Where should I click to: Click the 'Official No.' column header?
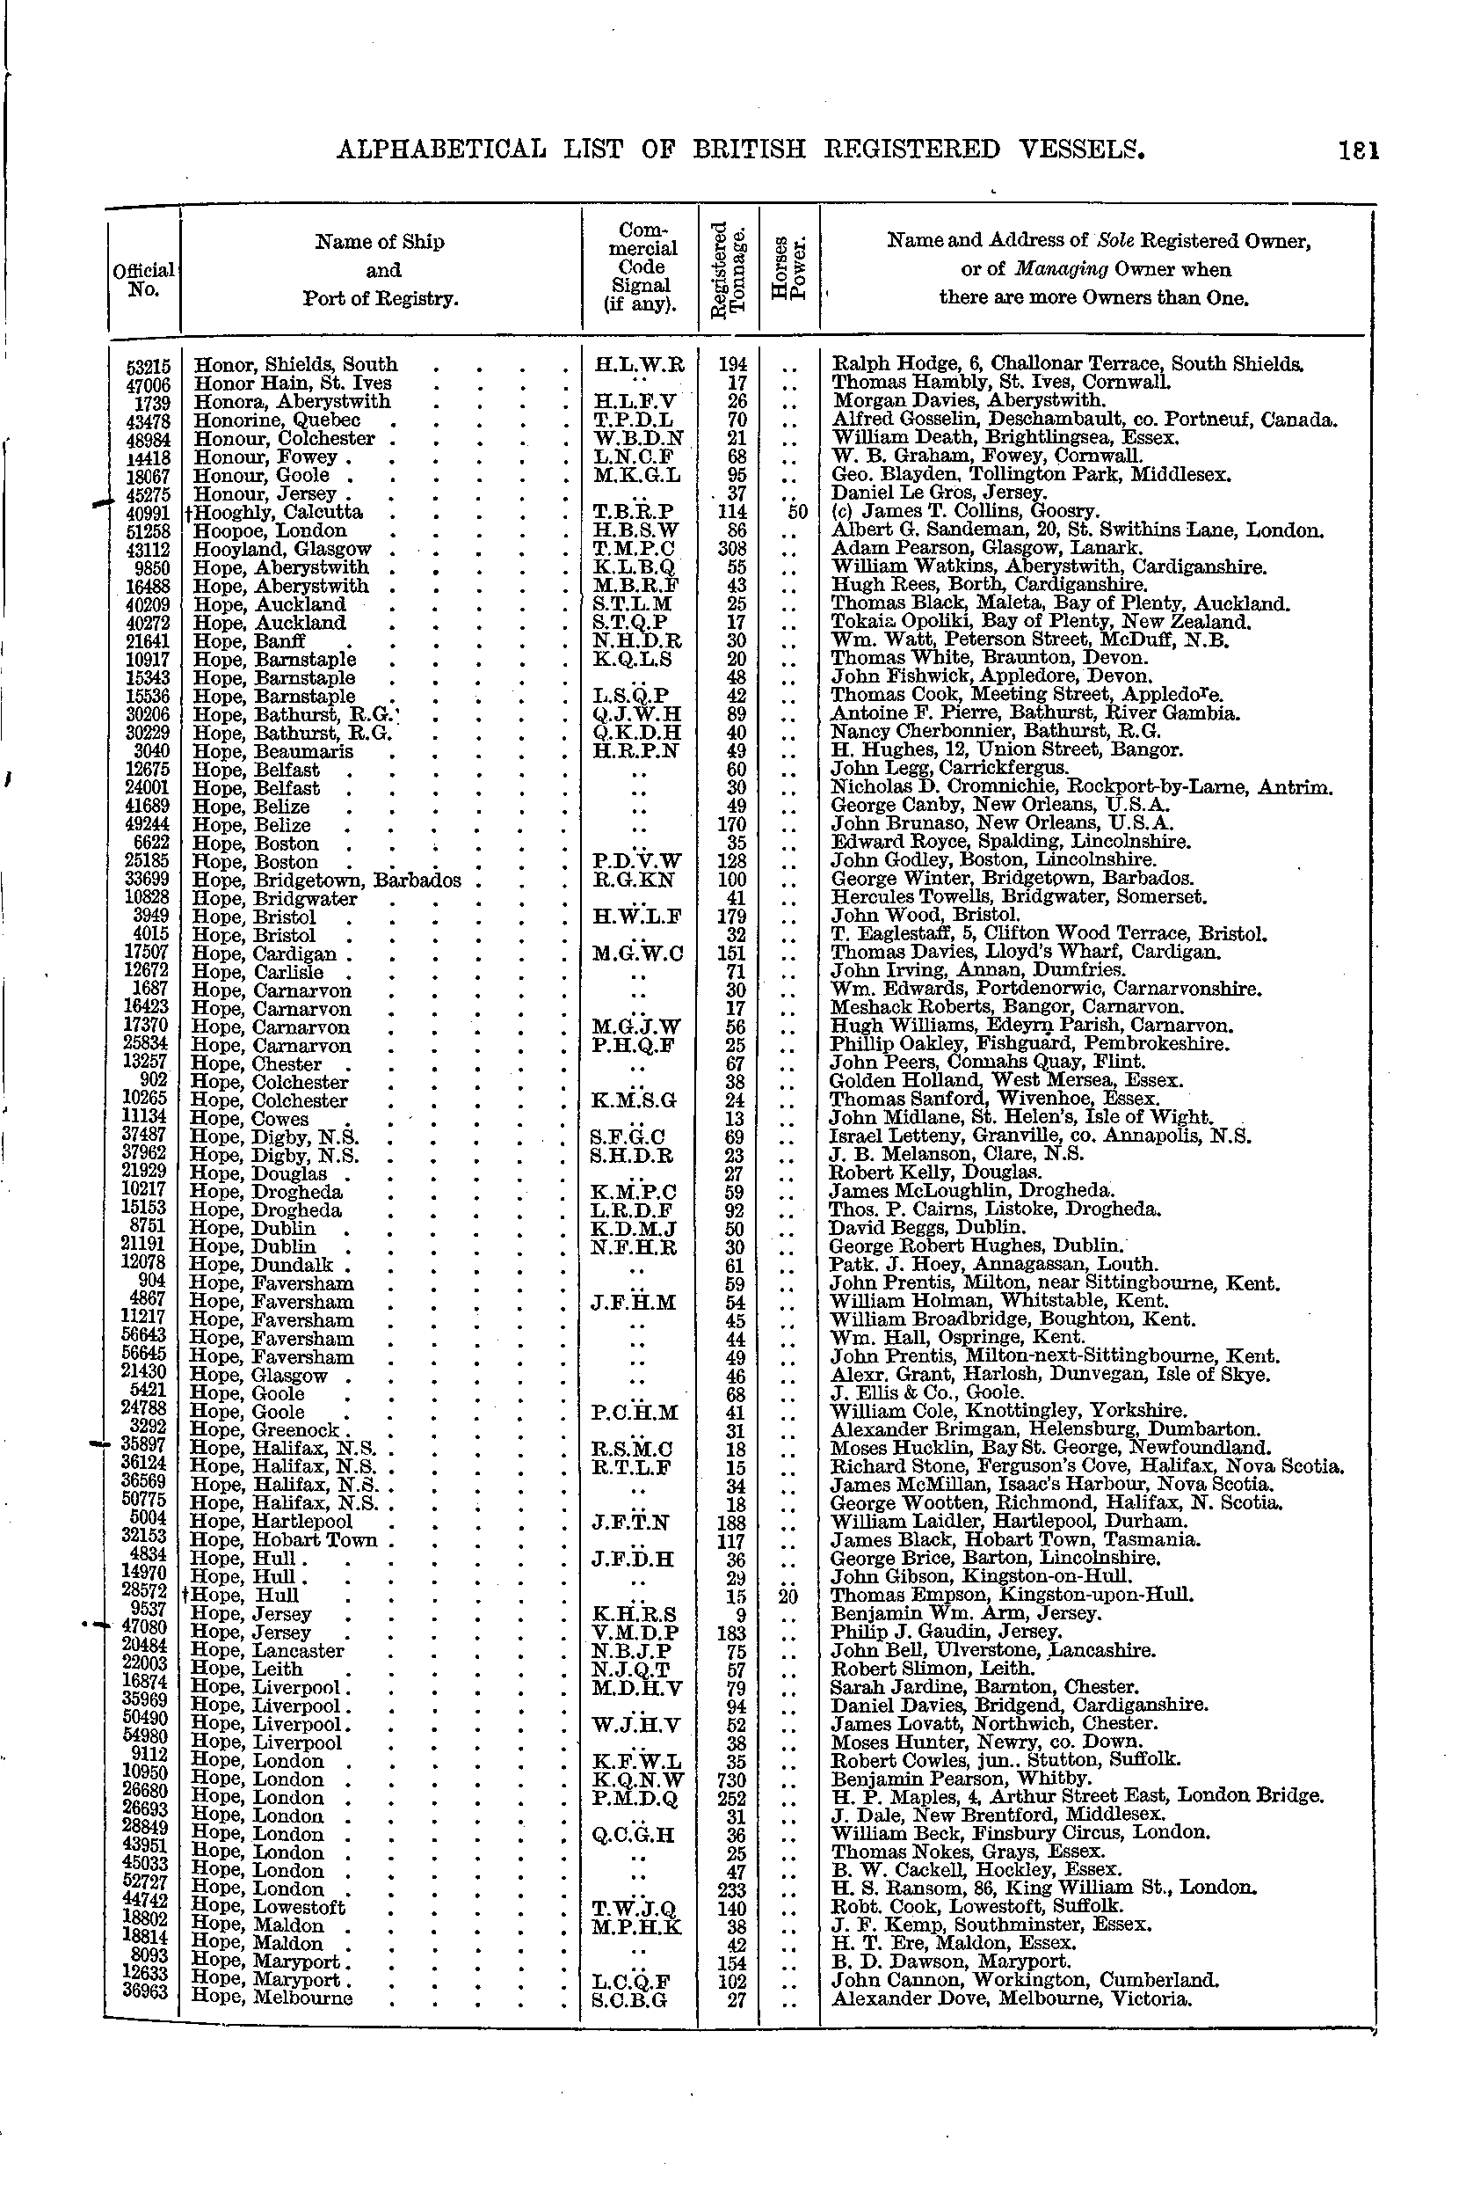coord(142,280)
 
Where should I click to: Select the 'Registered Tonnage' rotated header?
coord(729,269)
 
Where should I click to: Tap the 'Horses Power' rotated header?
coord(789,270)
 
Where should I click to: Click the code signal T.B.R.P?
coord(638,512)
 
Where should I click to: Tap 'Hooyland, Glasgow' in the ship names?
coord(282,549)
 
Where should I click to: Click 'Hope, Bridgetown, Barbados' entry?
coord(326,880)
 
